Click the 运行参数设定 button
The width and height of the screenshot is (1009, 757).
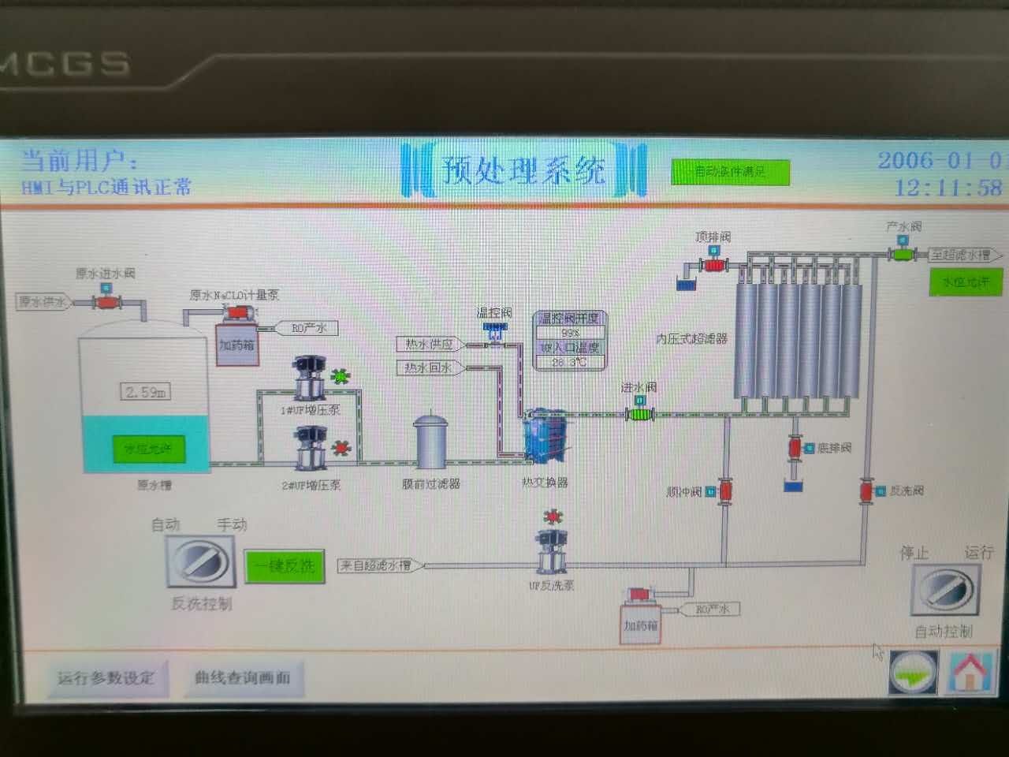click(x=106, y=677)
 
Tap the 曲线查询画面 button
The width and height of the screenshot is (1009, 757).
click(x=243, y=677)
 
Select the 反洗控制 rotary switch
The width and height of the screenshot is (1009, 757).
click(x=202, y=562)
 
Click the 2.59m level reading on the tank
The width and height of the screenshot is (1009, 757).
click(x=147, y=392)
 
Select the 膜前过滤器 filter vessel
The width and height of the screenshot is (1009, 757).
click(x=431, y=442)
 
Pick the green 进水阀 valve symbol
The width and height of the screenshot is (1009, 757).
click(x=639, y=413)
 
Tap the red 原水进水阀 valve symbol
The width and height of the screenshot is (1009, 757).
click(x=105, y=302)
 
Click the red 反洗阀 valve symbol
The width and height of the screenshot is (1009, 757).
click(x=866, y=491)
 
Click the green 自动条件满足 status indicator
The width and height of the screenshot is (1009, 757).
click(x=730, y=172)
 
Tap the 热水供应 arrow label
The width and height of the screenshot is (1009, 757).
click(x=430, y=345)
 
